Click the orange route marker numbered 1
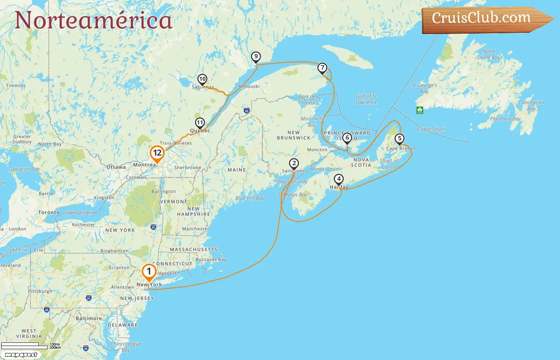(x=149, y=272)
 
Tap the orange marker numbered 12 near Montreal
(x=157, y=153)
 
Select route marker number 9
(x=256, y=57)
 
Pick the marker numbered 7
(x=322, y=68)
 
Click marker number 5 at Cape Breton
(x=399, y=139)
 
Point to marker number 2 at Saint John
(x=294, y=164)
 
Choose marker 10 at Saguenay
(x=202, y=79)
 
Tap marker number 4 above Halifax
(x=338, y=179)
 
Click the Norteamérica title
(x=93, y=20)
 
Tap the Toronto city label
(x=49, y=212)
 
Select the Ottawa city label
(x=116, y=167)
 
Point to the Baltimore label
(x=89, y=318)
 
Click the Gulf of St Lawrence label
(x=366, y=99)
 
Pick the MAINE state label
(x=236, y=170)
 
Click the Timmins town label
(x=16, y=86)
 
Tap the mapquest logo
(x=21, y=355)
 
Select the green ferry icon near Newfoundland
(x=420, y=110)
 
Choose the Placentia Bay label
(x=505, y=119)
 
